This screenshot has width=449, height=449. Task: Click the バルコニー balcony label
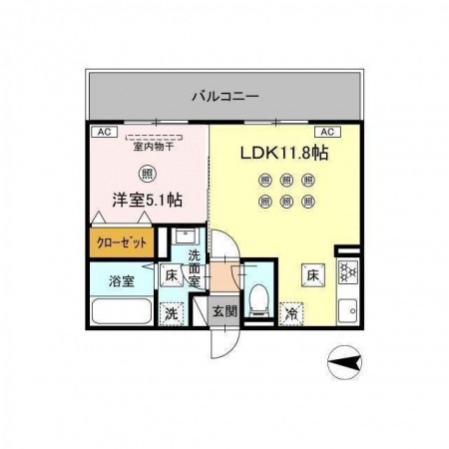[x=225, y=97]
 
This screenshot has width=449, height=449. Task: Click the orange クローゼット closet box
[x=119, y=241]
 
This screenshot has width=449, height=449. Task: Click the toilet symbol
[x=256, y=296]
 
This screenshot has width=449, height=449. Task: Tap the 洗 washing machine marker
[x=171, y=312]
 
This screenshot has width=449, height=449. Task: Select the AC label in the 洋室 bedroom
[x=102, y=131]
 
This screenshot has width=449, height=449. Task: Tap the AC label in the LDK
[x=325, y=131]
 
